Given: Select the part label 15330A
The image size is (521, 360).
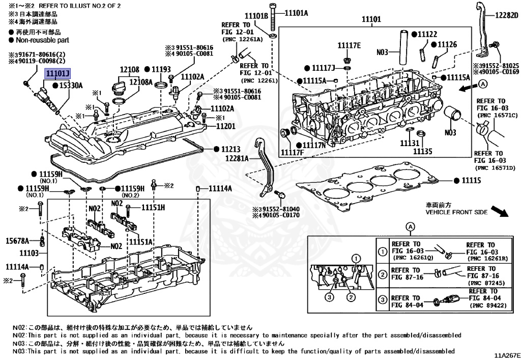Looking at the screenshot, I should pyautogui.click(x=70, y=86).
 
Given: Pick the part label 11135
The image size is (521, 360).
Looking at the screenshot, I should pyautogui.click(x=422, y=151).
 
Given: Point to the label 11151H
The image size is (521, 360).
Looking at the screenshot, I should pyautogui.click(x=153, y=207).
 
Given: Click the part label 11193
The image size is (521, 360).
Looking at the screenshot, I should pyautogui.click(x=160, y=69).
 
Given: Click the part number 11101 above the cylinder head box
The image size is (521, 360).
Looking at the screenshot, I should pyautogui.click(x=371, y=19).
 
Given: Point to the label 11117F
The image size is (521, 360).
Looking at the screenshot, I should pyautogui.click(x=292, y=152).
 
